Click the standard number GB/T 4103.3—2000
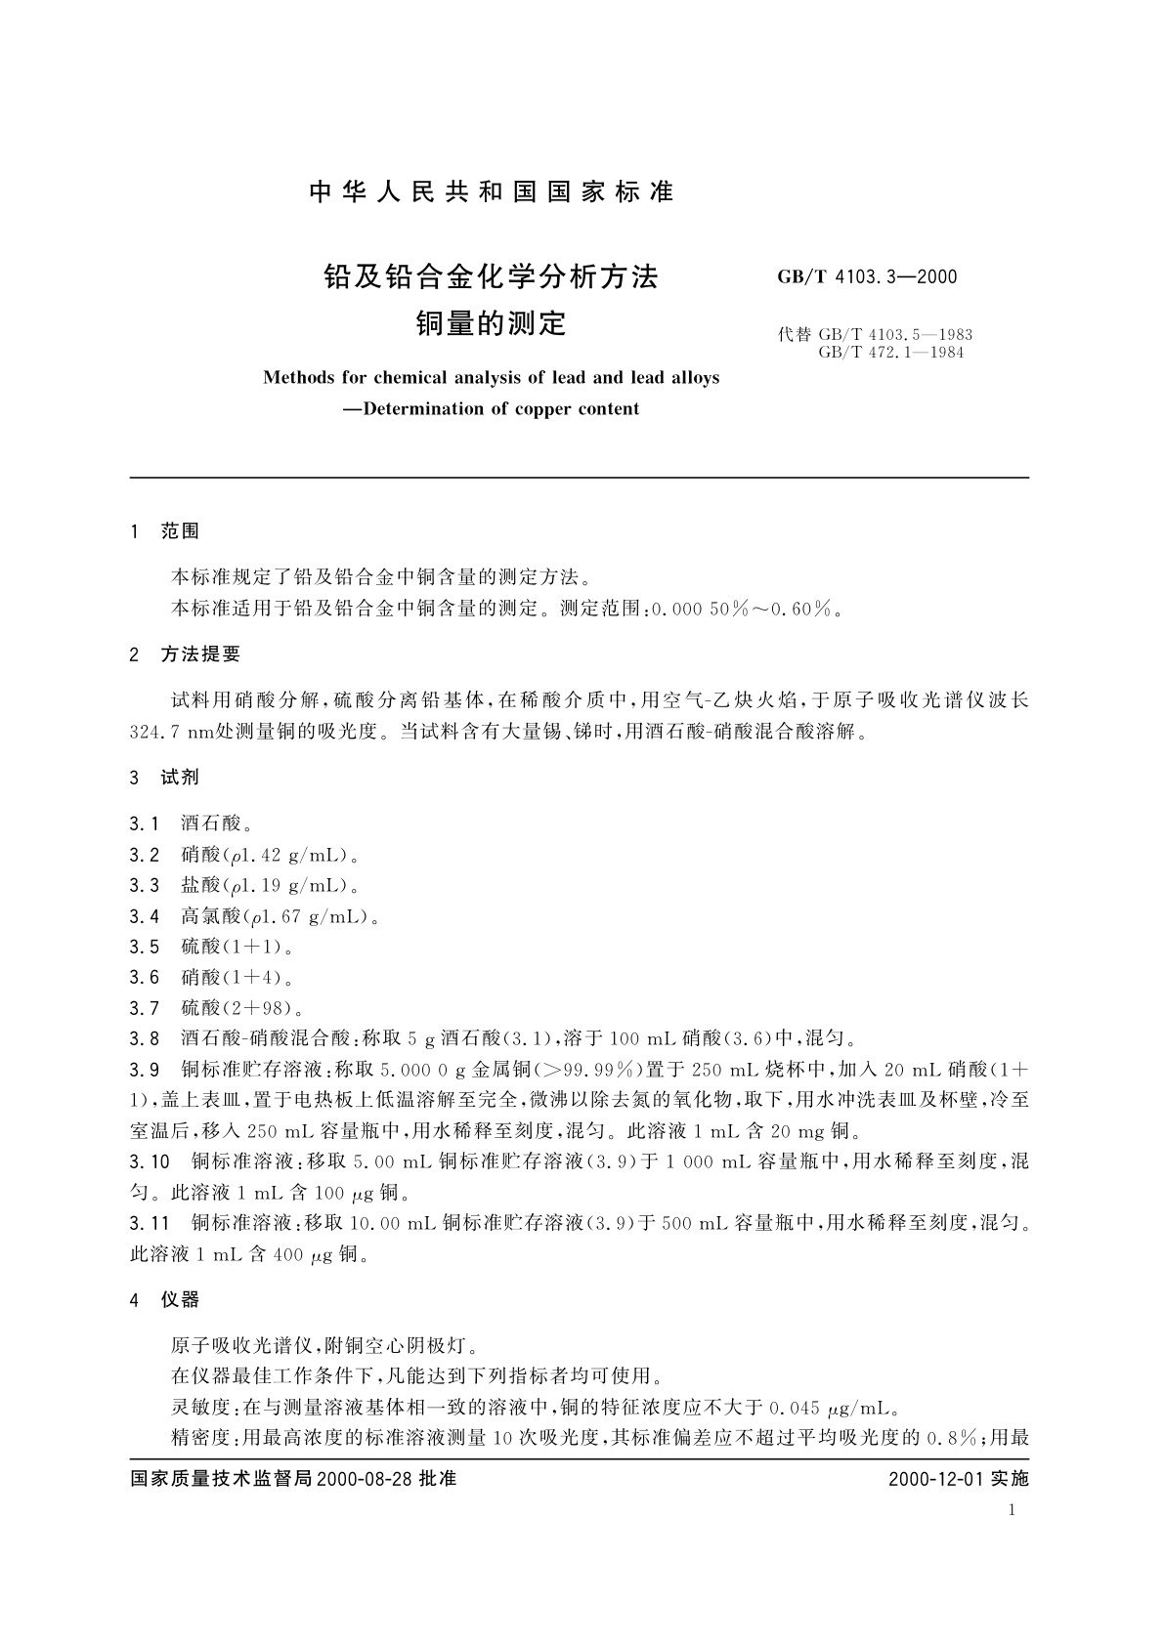[867, 276]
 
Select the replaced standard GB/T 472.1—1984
[890, 353]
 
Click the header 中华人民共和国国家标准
[492, 192]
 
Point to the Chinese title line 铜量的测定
[492, 323]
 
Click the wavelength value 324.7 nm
[173, 732]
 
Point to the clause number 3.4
[144, 916]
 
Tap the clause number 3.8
[144, 1037]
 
